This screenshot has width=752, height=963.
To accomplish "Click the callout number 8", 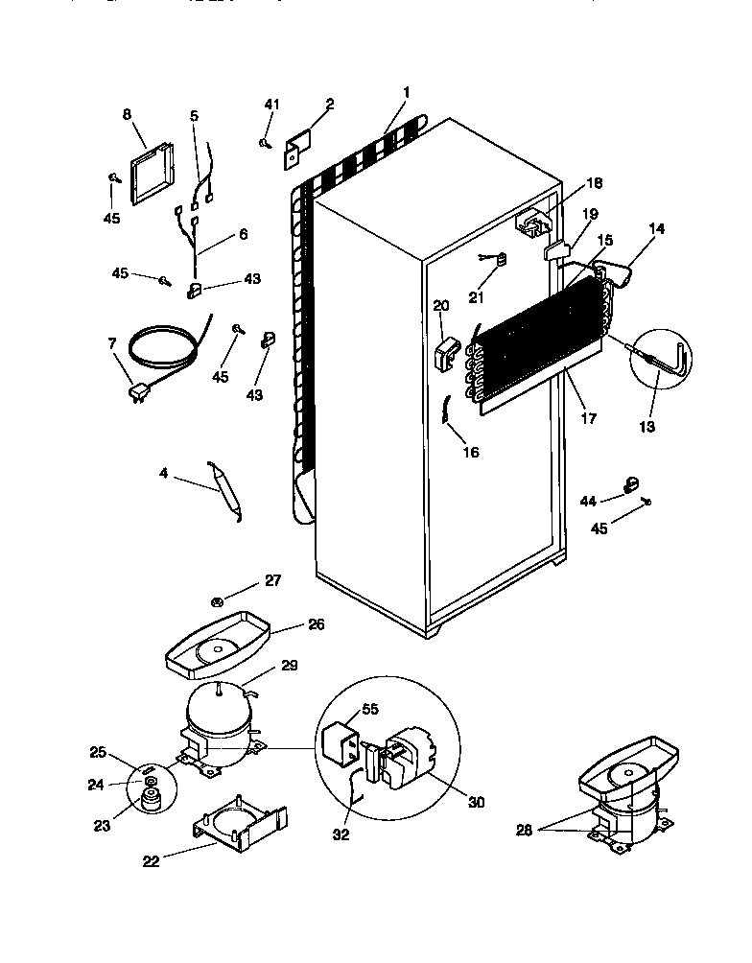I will [x=127, y=114].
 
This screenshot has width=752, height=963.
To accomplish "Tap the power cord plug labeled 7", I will [x=137, y=391].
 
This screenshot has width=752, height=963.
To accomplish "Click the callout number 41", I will [x=271, y=105].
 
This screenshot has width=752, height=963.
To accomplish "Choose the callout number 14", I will [x=656, y=229].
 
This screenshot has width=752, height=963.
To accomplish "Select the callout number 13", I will [x=647, y=426].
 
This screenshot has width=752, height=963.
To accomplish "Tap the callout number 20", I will [x=440, y=305].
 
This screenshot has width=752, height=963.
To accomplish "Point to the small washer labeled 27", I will [x=218, y=602].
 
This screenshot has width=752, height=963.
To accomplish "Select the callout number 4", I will [x=164, y=472].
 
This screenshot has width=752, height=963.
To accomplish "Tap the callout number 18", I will [x=594, y=182].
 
